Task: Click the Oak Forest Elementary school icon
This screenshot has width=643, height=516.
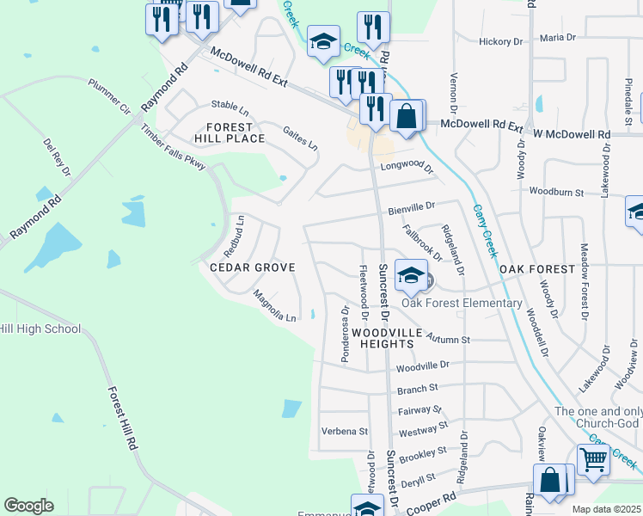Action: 412,276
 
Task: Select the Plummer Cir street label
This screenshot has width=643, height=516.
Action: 108,97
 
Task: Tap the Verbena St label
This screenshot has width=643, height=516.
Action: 344,431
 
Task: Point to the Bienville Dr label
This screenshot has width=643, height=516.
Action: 412,206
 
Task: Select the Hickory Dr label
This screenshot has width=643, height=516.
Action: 501,40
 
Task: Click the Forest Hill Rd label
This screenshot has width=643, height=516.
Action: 124,419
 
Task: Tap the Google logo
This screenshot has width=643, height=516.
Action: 28,506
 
